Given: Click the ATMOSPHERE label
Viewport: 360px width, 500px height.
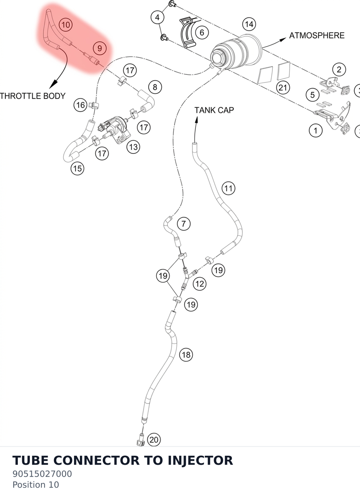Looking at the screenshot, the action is point(317,36).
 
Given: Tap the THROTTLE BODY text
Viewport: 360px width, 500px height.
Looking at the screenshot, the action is point(33,96).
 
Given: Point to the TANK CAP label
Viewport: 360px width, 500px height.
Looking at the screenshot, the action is point(214,110).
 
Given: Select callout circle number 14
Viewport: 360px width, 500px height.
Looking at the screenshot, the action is point(249,24).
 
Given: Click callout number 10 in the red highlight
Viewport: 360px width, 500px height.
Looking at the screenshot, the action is point(66,24).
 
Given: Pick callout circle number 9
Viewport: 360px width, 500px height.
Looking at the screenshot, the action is point(100,48).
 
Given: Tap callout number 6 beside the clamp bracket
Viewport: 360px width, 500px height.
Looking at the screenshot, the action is point(202,33).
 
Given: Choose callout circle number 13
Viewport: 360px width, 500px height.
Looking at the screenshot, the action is point(133,147).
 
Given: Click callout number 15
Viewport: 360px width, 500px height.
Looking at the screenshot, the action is point(78,168).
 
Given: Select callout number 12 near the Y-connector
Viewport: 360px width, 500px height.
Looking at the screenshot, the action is point(199,284).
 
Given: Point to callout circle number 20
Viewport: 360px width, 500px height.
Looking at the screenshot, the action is point(154,440).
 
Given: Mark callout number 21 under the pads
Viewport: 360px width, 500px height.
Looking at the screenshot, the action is point(283,88).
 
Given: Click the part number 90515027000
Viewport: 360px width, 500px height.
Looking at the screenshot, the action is point(42,474).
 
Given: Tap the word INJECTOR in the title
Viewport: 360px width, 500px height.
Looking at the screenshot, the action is point(200,460).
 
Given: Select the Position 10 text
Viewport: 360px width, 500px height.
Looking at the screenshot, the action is point(36,484).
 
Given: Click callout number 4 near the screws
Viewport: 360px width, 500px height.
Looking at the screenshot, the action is point(157,17).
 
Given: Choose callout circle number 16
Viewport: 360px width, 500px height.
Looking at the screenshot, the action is point(80,105).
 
